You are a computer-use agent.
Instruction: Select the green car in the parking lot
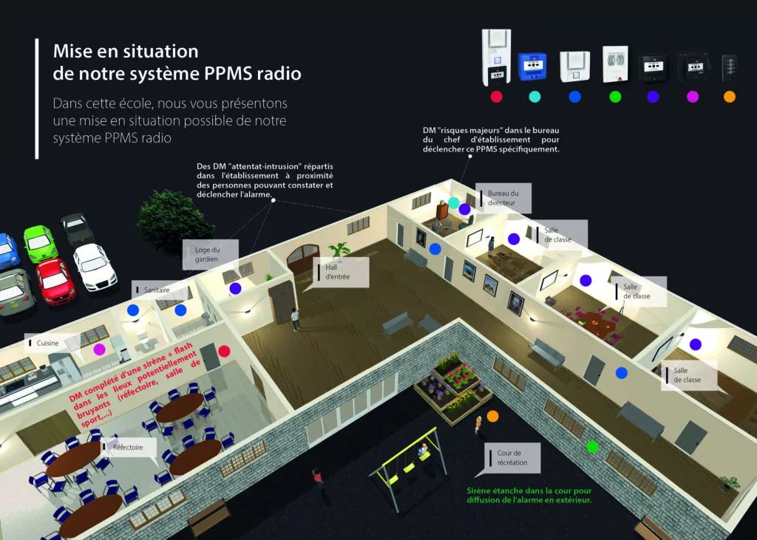tap(40, 242)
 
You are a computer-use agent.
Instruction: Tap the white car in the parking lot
tap(94, 265)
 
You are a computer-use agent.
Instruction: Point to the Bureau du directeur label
tap(503, 197)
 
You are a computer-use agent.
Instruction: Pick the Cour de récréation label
tap(512, 457)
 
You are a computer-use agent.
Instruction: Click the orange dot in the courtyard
tap(493, 417)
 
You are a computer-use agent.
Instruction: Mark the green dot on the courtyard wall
tap(591, 446)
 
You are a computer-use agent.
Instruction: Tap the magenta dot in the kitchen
tap(99, 349)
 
